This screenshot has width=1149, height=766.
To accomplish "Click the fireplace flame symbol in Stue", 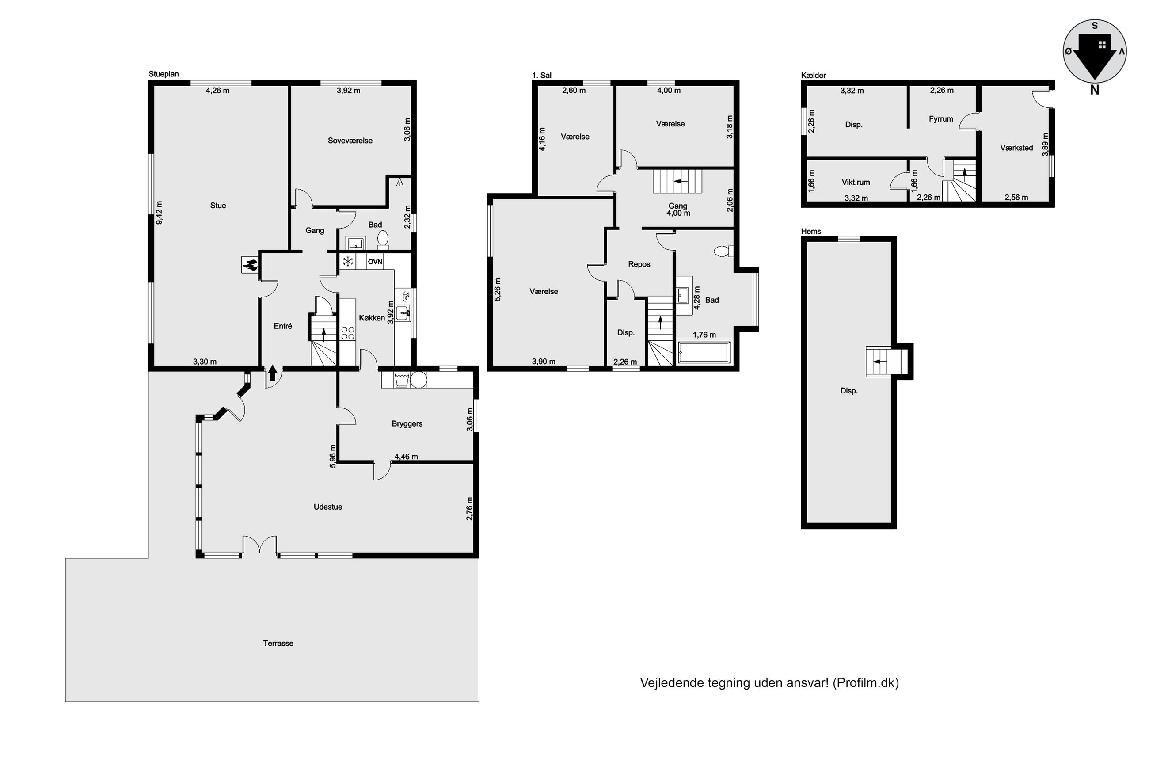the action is pos(250,265).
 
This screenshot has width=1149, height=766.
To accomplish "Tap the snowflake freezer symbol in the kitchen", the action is pos(348,262).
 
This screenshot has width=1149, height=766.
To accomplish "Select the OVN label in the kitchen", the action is pos(375,262).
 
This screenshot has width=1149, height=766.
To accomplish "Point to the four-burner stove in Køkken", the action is pos(348,333).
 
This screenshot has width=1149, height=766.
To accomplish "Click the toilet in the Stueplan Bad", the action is pos(383,239).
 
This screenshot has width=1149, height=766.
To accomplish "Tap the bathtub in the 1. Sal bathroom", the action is pos(704,352).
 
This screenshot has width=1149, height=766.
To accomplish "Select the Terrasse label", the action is pos(278,644).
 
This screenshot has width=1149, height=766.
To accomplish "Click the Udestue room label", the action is pos(327,507).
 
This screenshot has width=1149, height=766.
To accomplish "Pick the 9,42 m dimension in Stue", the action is pos(159,213).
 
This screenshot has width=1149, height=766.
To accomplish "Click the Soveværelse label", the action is pos(350,141).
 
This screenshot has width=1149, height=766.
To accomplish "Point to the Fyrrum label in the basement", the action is pos(940,119).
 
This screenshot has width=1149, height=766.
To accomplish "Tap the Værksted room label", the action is pos(1016,148).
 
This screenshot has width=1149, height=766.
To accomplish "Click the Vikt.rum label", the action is pos(856,182).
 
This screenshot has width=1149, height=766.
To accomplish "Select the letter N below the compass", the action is pos(1094,90).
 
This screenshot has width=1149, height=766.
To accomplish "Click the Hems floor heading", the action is pos(811,232).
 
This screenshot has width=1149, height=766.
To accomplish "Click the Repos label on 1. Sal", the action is pos(639,264).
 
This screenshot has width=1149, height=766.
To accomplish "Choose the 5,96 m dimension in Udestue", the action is pos(332,456).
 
